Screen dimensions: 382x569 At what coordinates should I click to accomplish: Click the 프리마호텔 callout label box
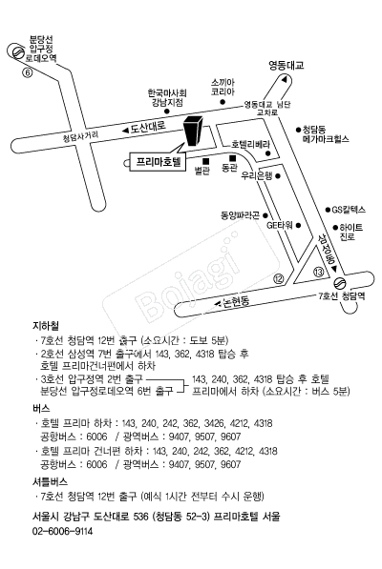pos(158,161)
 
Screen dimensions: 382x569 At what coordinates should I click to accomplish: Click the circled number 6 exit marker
pos(28,72)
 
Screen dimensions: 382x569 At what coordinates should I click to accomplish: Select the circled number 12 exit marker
pos(279,278)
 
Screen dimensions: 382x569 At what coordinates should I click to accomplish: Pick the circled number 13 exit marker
pos(318,272)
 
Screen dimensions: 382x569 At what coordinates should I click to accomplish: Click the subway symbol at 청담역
pos(340,282)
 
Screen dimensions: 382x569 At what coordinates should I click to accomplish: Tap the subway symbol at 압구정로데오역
pos(16,52)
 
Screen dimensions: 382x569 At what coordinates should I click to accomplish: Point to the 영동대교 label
pos(286,66)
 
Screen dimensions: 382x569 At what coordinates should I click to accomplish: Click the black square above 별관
pos(205,161)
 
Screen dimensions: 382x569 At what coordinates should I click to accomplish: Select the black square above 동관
pos(232,158)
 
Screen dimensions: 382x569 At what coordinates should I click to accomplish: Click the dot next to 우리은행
pos(278,176)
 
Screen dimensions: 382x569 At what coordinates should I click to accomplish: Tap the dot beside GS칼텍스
pos(328,210)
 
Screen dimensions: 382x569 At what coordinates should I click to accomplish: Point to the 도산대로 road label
pos(148,127)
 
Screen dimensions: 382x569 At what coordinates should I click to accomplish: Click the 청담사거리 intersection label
pos(80,136)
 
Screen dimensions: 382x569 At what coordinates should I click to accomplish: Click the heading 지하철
pos(46,326)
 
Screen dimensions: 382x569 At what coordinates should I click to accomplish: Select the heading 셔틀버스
pos(50,482)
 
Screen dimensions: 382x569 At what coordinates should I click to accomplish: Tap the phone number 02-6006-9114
pos(62,531)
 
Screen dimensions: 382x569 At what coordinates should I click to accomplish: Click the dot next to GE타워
pos(298,225)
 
